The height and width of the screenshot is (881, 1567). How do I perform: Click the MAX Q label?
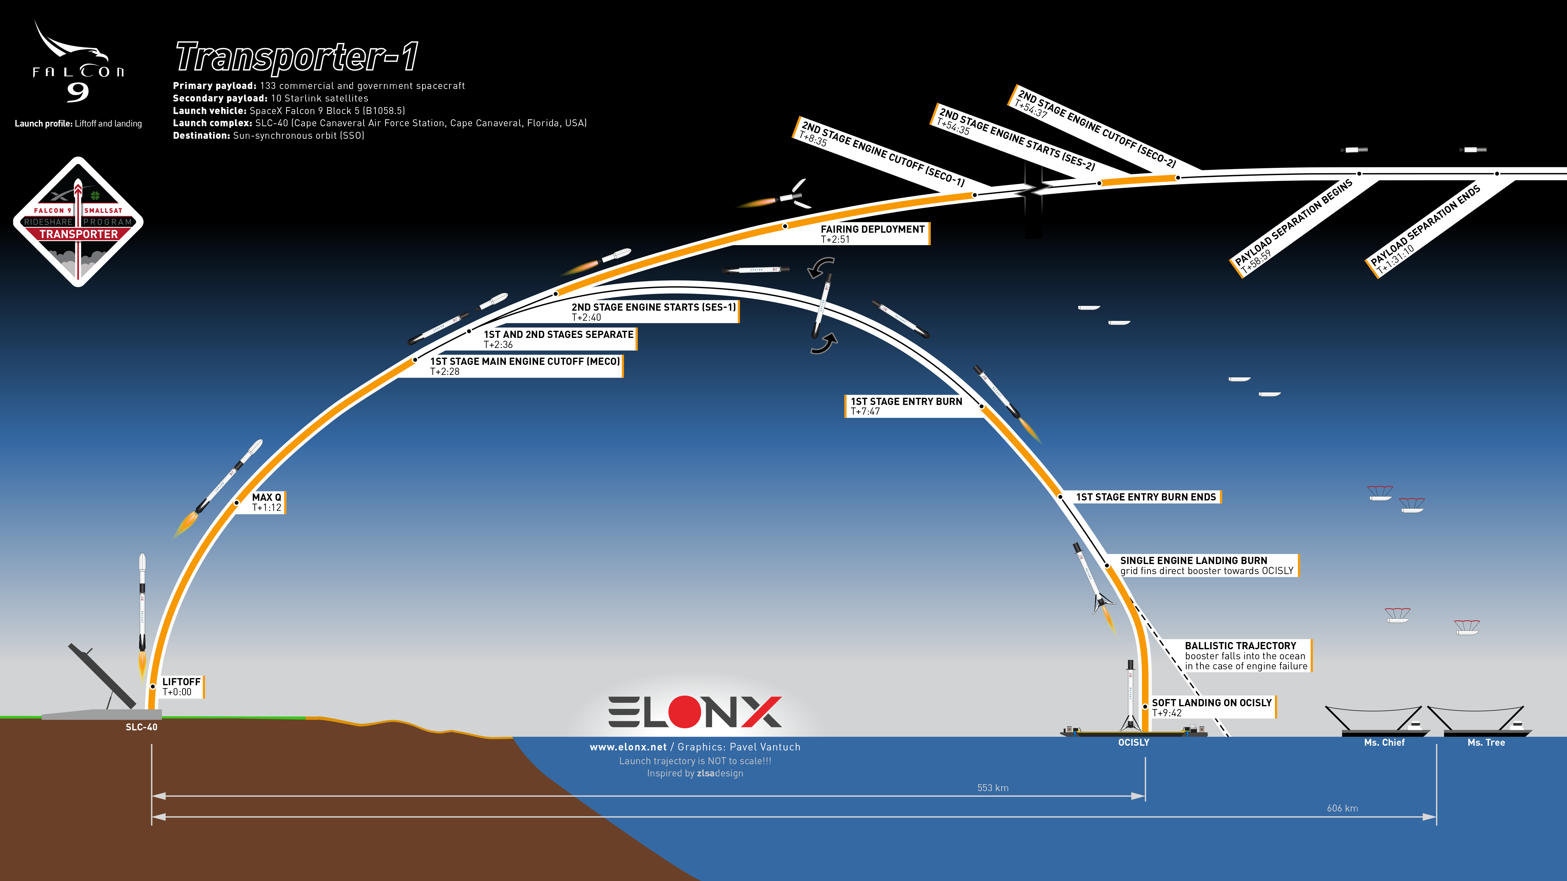[267, 502]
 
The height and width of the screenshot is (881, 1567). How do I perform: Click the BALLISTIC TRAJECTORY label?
[1246, 656]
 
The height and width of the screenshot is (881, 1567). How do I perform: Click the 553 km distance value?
[993, 788]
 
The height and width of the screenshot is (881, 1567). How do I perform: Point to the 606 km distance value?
[1343, 808]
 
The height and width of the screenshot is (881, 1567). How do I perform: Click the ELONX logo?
[695, 712]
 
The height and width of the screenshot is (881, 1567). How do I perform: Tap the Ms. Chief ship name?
[1385, 742]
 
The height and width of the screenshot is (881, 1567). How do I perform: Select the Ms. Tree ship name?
[1486, 742]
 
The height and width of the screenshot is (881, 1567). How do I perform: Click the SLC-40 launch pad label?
[141, 727]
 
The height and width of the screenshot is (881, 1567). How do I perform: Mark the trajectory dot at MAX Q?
[237, 503]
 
